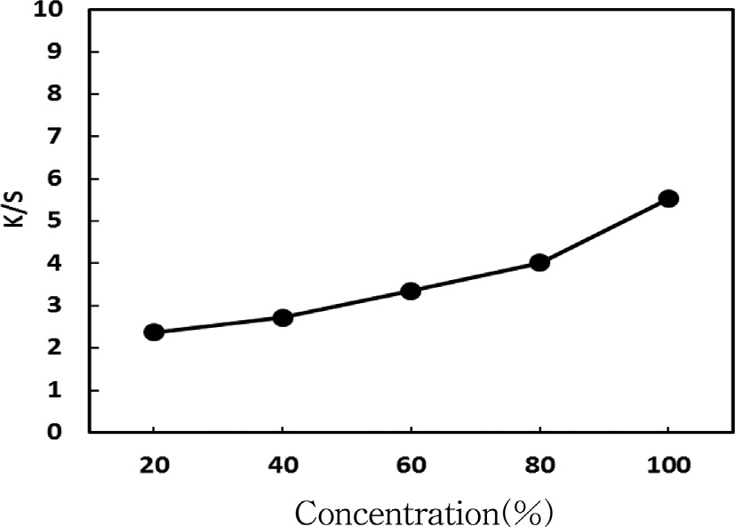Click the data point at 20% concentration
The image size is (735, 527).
pyautogui.click(x=154, y=332)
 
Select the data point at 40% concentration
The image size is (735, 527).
pyautogui.click(x=283, y=317)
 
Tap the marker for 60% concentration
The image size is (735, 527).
pyautogui.click(x=411, y=291)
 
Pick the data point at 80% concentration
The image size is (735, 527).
pyautogui.click(x=539, y=262)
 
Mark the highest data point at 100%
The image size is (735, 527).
pyautogui.click(x=668, y=198)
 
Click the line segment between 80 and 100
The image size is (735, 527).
pyautogui.click(x=604, y=230)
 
